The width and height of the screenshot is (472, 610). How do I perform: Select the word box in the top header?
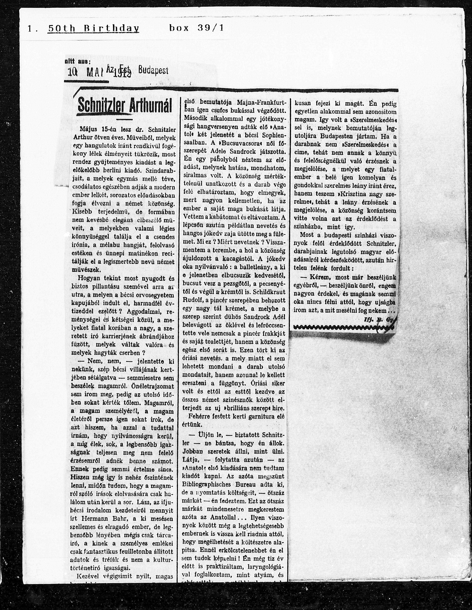tap(179, 28)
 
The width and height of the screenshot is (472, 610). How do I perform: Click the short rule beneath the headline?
tap(124, 119)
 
